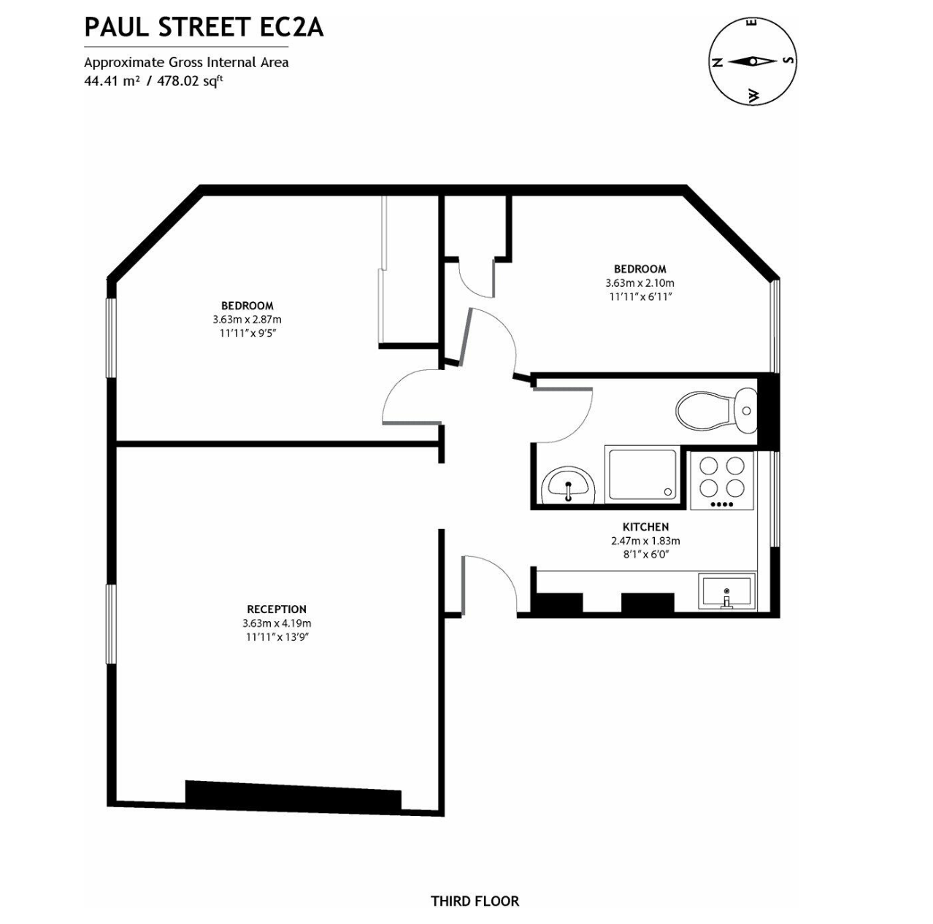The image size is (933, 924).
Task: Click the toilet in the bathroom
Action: [x=712, y=411]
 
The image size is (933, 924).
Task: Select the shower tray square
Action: [x=642, y=474]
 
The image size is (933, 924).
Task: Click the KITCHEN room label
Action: [x=645, y=527]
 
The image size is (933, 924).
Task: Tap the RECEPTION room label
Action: [x=277, y=609]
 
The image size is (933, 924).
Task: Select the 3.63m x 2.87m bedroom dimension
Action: [x=247, y=320]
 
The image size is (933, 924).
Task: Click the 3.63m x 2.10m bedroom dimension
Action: [x=640, y=283]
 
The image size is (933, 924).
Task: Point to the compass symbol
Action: [x=752, y=61]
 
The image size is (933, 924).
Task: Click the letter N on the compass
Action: [x=717, y=62]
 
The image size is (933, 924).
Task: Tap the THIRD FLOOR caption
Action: [x=475, y=901]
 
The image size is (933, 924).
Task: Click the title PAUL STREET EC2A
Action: [x=204, y=27]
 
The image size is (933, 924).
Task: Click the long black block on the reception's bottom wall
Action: [x=293, y=794]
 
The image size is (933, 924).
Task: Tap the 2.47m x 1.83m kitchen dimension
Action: [x=645, y=541]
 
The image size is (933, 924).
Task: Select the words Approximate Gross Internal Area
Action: [x=186, y=62]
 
